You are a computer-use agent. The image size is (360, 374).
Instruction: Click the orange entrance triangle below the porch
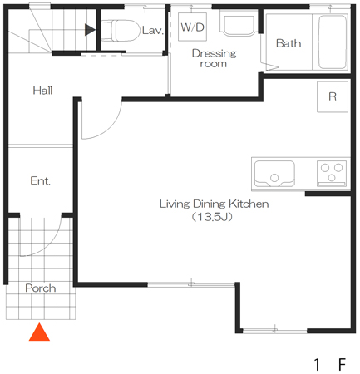(39, 332)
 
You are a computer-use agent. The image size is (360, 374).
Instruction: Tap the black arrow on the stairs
(90, 30)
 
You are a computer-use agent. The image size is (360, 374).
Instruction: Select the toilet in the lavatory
(121, 31)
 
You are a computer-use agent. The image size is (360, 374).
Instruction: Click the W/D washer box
(192, 27)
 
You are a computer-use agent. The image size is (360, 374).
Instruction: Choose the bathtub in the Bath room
(333, 42)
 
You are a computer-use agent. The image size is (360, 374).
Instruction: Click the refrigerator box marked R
(333, 96)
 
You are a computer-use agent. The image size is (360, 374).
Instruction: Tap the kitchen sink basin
(274, 173)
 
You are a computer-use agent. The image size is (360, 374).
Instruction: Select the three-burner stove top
(332, 173)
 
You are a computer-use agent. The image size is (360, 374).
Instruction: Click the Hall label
(42, 91)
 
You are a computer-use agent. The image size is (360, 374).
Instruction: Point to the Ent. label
(40, 180)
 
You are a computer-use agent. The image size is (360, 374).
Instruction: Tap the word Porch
(41, 288)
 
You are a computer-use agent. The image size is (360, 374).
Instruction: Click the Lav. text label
(153, 31)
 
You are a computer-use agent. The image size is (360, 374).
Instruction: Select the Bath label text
(288, 43)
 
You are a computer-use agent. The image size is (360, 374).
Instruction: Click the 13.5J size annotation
(212, 217)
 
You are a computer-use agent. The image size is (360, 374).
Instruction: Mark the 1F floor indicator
(330, 364)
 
